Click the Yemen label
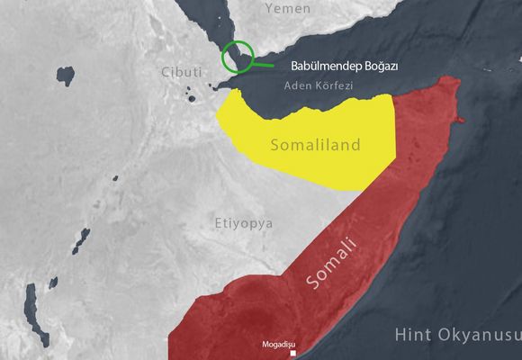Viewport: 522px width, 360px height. [288, 9]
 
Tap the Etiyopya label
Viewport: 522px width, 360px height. [244, 222]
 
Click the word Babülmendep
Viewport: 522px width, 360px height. [319, 66]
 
